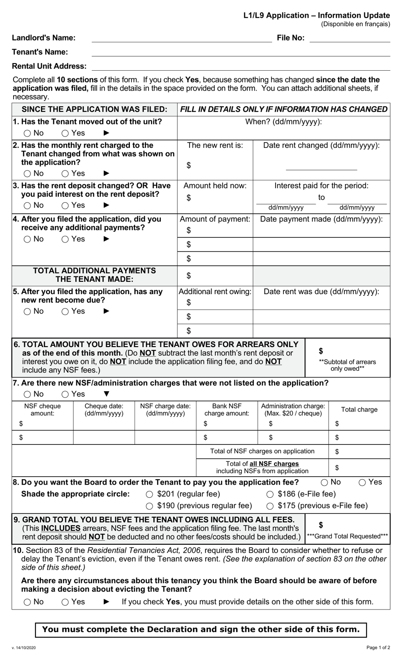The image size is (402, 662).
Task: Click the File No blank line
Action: click(350, 39)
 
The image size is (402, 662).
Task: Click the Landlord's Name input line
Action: click(182, 39)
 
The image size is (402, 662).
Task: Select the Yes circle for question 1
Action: click(65, 133)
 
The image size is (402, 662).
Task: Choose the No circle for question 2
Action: click(28, 174)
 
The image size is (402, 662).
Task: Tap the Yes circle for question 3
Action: click(65, 206)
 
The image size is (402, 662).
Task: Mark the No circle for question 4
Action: click(28, 240)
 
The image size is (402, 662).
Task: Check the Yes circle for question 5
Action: click(65, 312)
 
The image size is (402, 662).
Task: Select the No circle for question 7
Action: click(28, 394)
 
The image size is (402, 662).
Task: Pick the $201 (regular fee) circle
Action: click(149, 494)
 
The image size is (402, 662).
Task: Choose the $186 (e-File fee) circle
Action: click(270, 494)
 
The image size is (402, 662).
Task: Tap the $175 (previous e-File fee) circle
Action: click(270, 506)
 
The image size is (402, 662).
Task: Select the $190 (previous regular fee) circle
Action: click(149, 506)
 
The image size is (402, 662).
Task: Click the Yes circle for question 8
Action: click(363, 483)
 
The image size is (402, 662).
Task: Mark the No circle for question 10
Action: click(28, 602)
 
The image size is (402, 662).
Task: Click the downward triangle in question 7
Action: click(107, 394)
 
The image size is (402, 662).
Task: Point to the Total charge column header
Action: click(359, 410)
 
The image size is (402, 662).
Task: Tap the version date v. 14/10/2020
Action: click(24, 648)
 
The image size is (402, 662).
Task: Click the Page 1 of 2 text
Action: click(378, 648)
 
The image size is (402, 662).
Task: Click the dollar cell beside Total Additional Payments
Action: click(215, 276)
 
